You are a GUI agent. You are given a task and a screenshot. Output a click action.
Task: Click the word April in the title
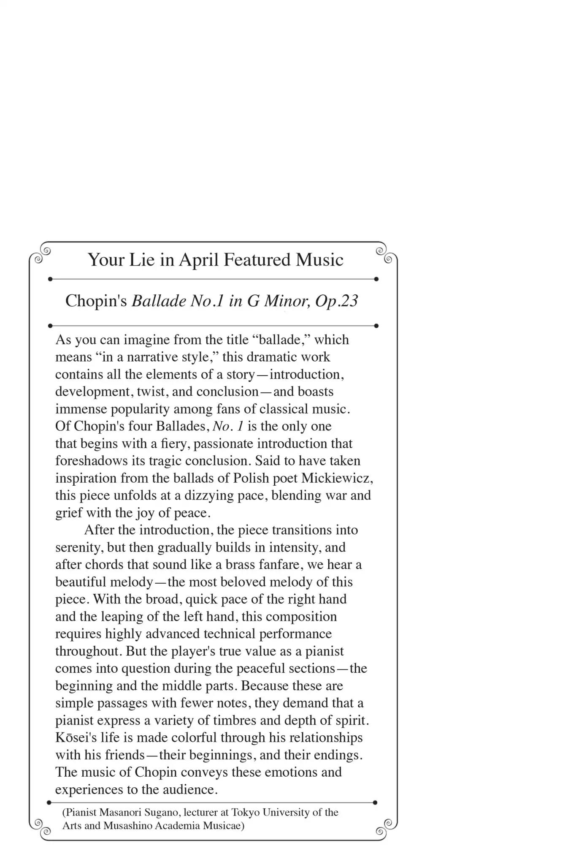[x=199, y=260]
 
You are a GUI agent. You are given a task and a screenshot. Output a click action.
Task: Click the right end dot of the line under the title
[x=376, y=279]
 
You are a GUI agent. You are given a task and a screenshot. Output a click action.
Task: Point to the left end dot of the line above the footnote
[x=49, y=802]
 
